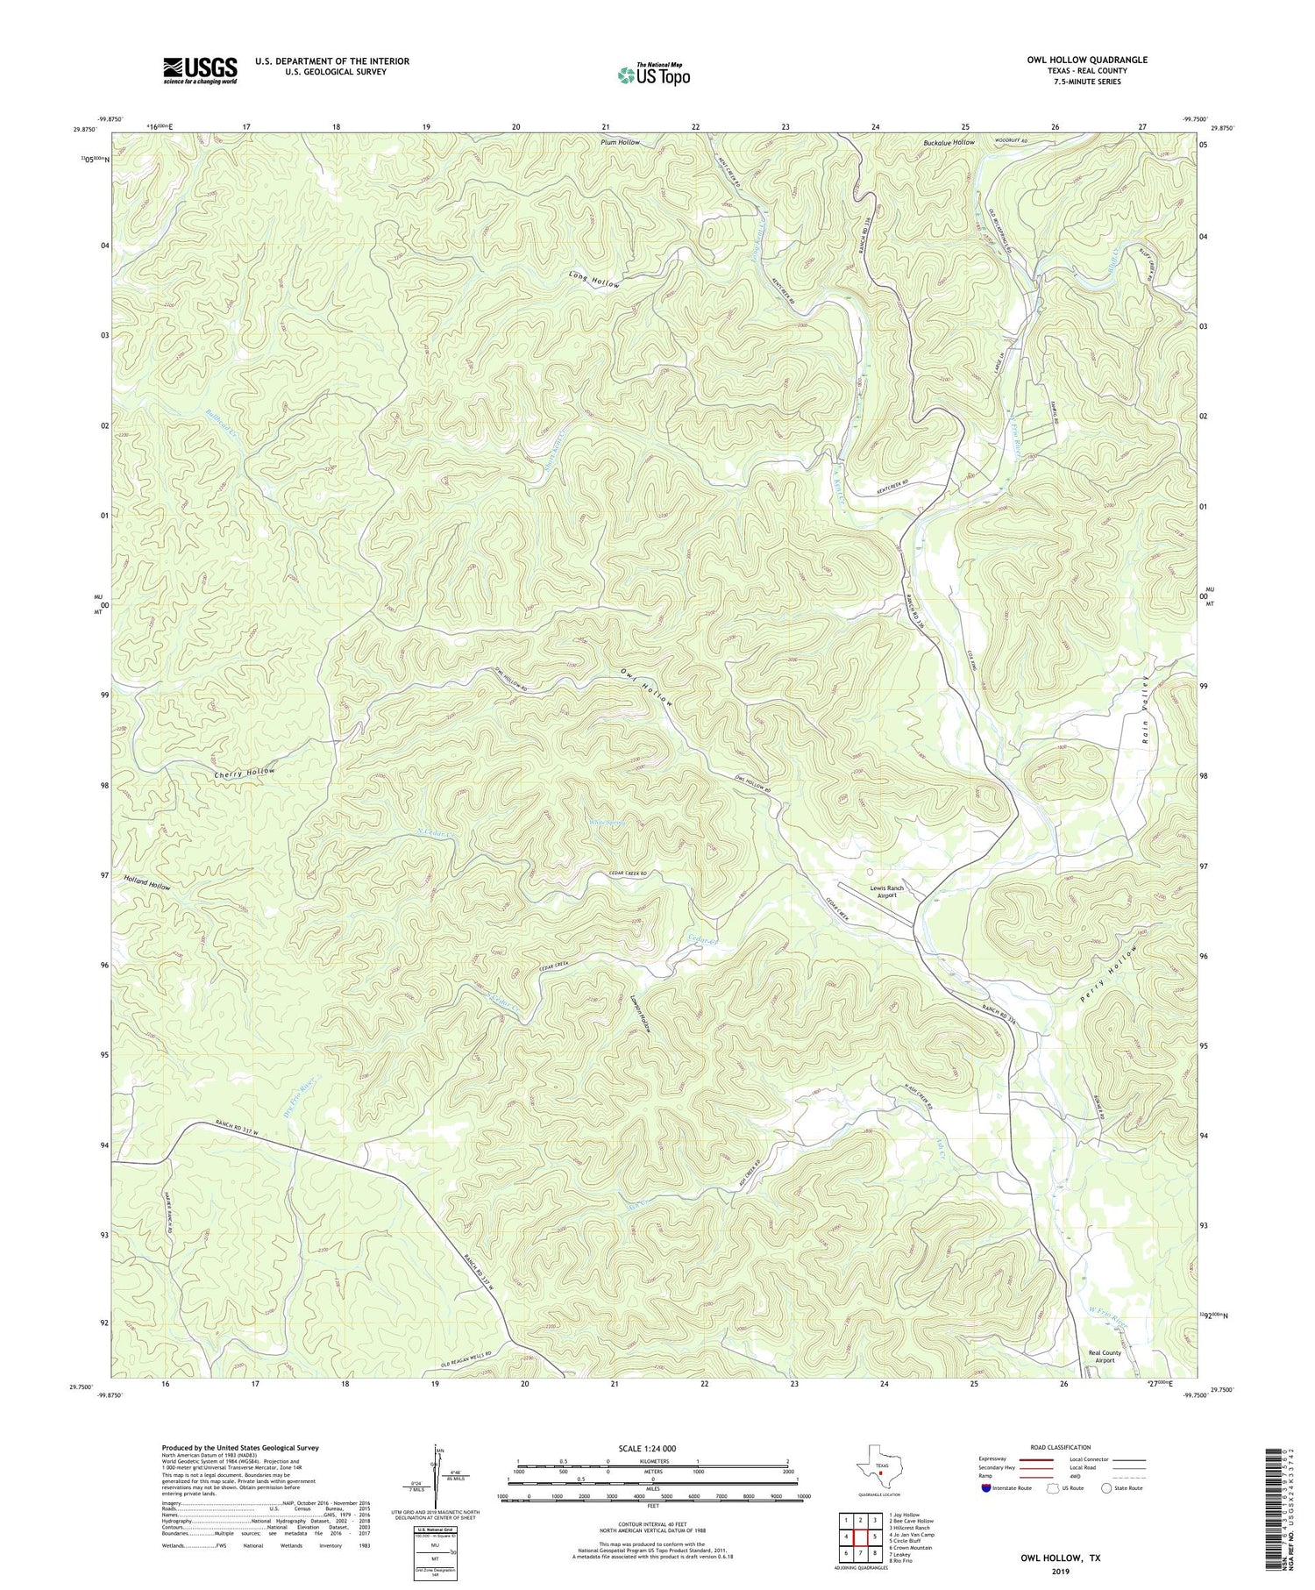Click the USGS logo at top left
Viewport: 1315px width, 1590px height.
[x=200, y=70]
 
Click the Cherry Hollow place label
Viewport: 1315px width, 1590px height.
[x=245, y=772]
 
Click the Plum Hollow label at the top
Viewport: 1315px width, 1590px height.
[x=620, y=142]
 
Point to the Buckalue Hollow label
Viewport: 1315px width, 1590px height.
[x=949, y=142]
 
